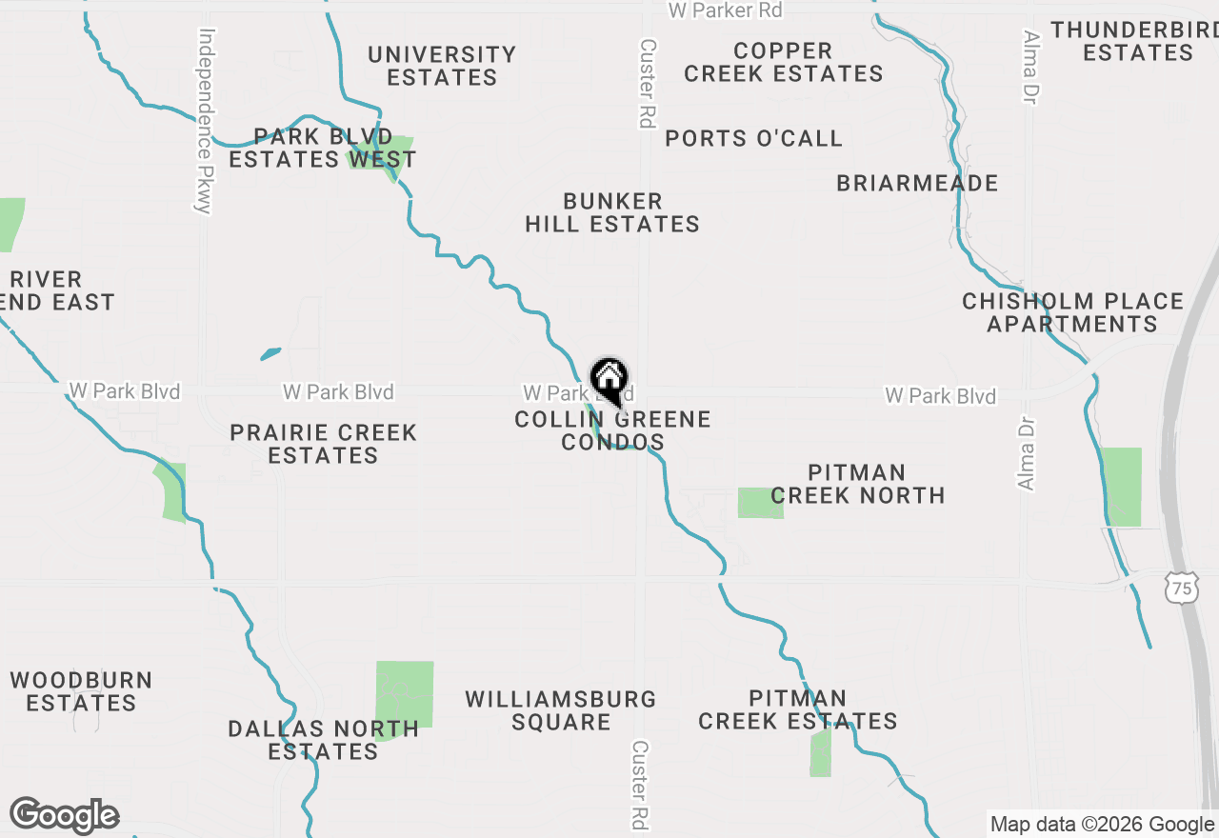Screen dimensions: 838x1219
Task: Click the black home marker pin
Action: point(609,381)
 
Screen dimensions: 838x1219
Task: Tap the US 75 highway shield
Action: point(1181,589)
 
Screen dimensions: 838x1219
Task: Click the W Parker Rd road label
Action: point(725,10)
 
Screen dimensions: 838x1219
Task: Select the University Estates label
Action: point(442,66)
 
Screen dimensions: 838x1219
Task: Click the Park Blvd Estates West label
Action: point(323,148)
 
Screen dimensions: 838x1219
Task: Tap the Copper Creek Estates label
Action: point(783,62)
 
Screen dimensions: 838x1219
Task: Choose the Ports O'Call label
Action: point(753,139)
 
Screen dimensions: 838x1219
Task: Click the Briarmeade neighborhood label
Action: point(917,183)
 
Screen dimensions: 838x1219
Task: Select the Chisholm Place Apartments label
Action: point(1072,312)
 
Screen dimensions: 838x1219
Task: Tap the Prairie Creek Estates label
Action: point(324,444)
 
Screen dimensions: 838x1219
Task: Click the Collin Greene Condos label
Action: point(612,430)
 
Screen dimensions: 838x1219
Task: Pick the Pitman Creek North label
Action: point(857,484)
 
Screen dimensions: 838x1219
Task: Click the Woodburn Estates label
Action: point(81,691)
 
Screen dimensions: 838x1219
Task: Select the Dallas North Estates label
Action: point(323,740)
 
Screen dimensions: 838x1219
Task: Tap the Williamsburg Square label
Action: point(561,710)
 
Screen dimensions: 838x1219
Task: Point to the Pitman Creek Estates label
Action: point(797,709)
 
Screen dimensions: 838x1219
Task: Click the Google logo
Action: point(65,815)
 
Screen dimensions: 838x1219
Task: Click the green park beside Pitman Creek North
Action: point(760,503)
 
